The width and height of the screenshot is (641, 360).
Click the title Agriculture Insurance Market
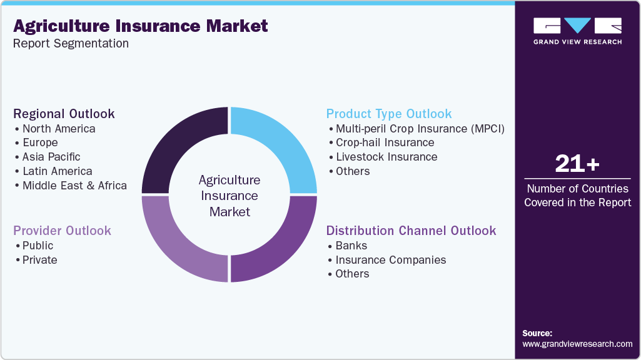(x=141, y=26)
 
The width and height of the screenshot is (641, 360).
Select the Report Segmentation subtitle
(x=71, y=44)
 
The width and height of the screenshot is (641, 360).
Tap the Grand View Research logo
(x=577, y=31)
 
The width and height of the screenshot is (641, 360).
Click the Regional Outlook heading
(x=64, y=114)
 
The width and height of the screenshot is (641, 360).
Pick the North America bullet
(x=59, y=129)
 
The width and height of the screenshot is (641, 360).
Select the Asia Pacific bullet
(x=51, y=157)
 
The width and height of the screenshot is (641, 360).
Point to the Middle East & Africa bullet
(x=74, y=186)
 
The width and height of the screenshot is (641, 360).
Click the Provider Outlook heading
(x=63, y=231)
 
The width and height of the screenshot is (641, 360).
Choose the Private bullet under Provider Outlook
(x=39, y=260)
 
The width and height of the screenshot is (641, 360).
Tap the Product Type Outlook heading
(x=389, y=114)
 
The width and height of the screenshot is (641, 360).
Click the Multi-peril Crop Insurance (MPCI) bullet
(x=420, y=129)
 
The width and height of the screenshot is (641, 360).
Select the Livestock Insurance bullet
(x=386, y=157)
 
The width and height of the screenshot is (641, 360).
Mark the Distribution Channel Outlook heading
(x=411, y=231)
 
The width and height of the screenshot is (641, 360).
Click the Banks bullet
(x=351, y=246)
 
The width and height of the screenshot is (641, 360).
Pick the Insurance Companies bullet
(x=391, y=260)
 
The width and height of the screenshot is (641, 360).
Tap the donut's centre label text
(x=230, y=196)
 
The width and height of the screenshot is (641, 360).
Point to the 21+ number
(x=577, y=164)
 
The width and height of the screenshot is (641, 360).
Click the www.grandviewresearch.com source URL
(x=577, y=344)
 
